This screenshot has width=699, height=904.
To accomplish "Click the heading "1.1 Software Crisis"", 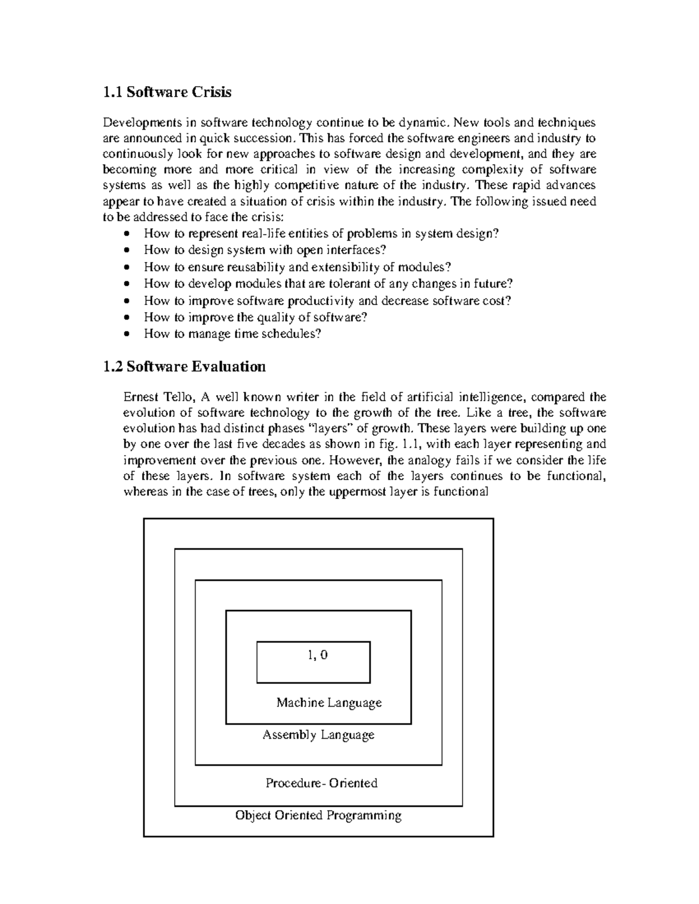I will (167, 92).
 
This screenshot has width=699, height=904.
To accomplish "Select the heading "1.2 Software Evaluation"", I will (184, 366).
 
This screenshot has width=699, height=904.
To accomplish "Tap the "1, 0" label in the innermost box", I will (317, 655).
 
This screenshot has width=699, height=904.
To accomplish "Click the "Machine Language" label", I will (329, 703).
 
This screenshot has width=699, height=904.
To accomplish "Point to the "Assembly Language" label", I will (318, 735).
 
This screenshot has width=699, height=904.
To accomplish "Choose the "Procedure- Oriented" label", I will (322, 783).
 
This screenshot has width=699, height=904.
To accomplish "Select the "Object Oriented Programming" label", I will (318, 815).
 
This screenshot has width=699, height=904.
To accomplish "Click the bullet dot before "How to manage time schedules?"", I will (128, 335).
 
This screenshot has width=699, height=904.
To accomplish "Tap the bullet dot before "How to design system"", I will (128, 251).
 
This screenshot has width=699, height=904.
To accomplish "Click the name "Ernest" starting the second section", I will (140, 397).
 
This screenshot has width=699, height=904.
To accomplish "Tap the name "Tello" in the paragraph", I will (178, 397).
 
